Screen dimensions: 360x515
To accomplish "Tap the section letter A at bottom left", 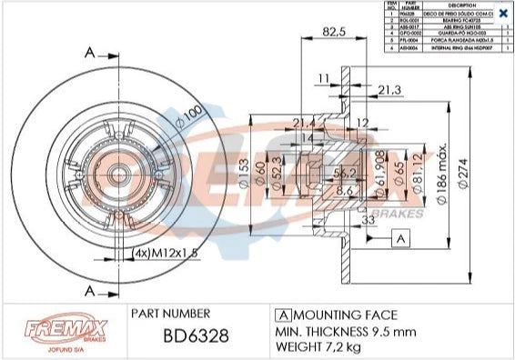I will (x=88, y=290).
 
